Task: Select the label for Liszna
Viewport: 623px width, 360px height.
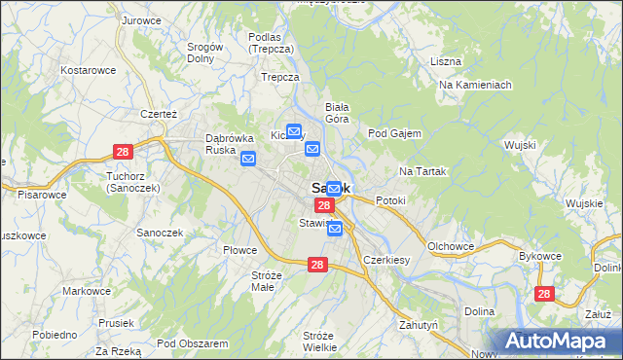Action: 445,61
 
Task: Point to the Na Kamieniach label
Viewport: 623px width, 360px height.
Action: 475,86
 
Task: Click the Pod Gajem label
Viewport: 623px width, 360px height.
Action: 394,133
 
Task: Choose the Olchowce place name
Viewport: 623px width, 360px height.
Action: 451,246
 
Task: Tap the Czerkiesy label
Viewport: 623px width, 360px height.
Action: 385,261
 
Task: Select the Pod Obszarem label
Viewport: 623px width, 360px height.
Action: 192,343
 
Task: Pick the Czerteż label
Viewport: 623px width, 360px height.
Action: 158,114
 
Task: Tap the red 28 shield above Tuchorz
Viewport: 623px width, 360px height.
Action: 123,152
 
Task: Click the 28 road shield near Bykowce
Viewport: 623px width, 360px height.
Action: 544,293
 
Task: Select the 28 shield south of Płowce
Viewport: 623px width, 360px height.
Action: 317,265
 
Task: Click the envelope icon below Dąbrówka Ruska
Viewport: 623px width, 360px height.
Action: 248,160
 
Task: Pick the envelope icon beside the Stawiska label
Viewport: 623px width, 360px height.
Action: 335,229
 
